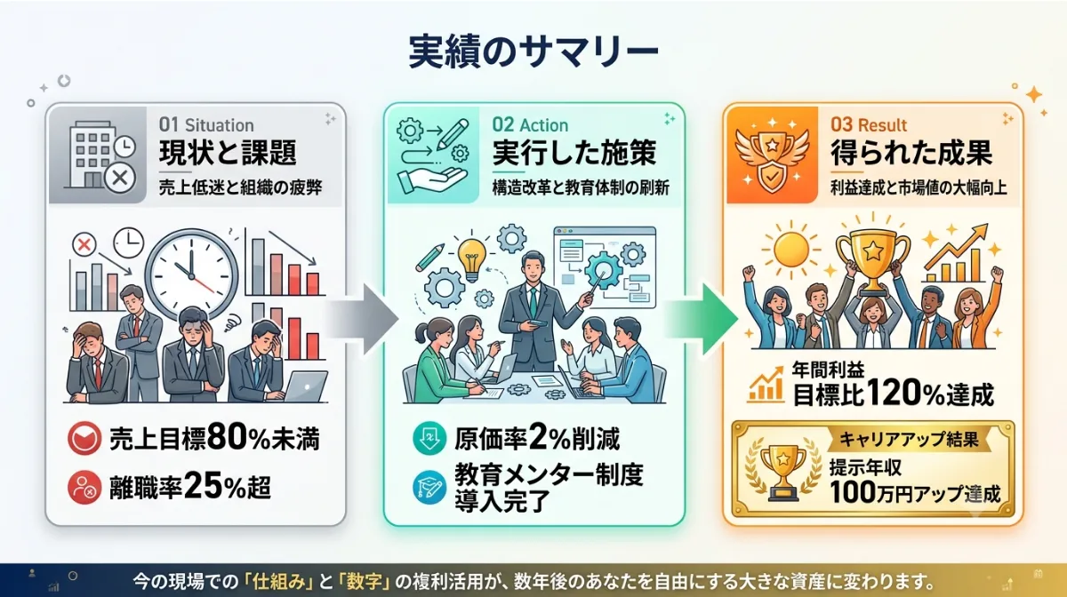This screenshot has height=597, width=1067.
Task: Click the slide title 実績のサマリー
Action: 533,52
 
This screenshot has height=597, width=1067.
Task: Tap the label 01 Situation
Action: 206,125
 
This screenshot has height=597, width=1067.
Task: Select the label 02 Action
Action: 530,125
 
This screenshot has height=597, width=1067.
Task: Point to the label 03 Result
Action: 869,125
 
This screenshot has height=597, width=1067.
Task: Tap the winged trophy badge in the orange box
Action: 772,155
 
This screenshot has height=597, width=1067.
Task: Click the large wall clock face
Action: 191,275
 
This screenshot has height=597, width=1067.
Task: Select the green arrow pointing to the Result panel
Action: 702,319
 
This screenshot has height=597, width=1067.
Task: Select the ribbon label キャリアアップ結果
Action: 909,439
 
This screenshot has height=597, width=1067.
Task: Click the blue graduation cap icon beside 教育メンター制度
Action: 429,487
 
